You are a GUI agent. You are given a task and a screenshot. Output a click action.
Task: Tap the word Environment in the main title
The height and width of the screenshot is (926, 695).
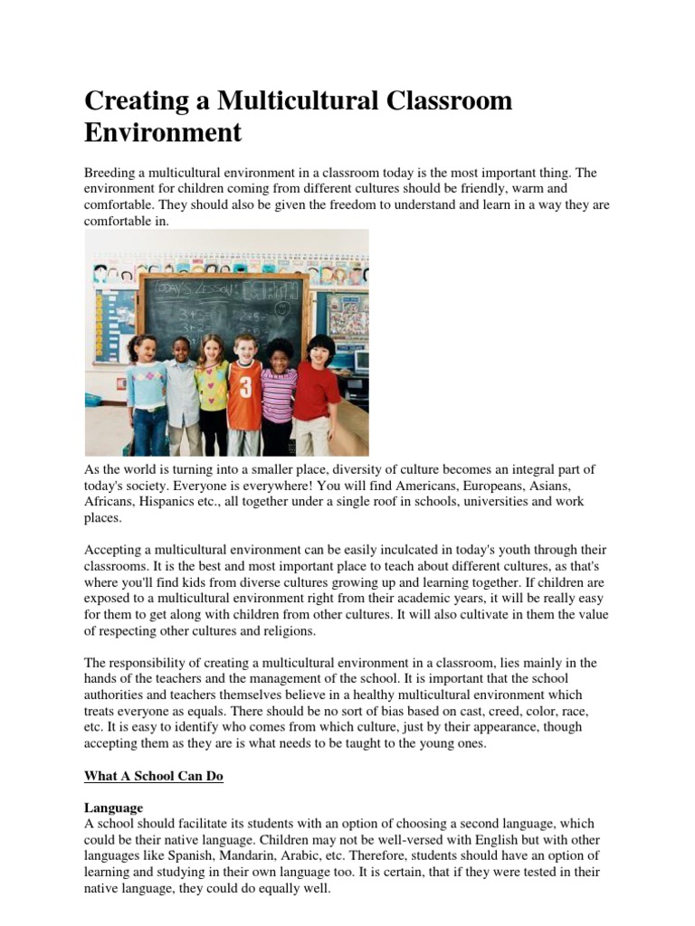point(163,133)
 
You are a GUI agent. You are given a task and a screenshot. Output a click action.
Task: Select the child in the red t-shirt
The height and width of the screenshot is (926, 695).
point(317,389)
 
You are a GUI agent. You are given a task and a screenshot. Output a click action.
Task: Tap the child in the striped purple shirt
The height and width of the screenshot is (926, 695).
point(278,393)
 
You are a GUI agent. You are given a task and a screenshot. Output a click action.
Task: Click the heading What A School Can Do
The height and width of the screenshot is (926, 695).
point(153,776)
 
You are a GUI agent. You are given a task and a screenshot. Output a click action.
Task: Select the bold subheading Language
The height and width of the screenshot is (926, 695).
point(113,807)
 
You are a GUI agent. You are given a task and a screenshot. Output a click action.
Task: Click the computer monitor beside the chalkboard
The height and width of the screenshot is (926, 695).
point(359,362)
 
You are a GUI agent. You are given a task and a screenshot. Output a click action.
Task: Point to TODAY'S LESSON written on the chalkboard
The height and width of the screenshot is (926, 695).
point(194,290)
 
